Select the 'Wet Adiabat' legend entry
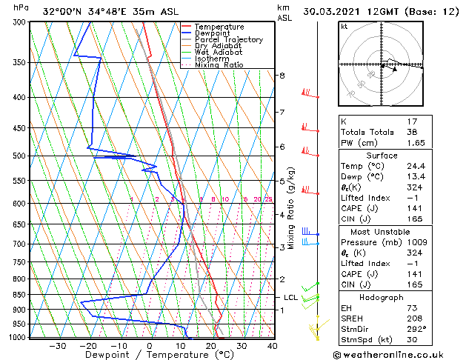(220, 52)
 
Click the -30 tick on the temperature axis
(58, 345)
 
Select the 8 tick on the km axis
(282, 76)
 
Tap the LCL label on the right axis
(291, 297)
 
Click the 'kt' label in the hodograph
(344, 27)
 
